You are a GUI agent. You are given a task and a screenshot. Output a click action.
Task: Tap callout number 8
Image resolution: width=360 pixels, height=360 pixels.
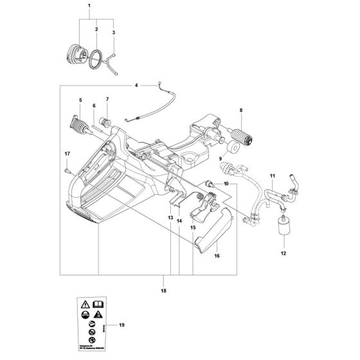pos(241,110)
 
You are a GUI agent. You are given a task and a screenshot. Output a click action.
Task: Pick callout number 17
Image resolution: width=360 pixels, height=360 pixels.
pos(66,153)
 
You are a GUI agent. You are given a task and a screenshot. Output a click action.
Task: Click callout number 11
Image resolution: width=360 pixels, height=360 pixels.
pos(273,175)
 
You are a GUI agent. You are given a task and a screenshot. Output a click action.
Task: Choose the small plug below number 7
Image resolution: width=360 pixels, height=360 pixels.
pos(107,122)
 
